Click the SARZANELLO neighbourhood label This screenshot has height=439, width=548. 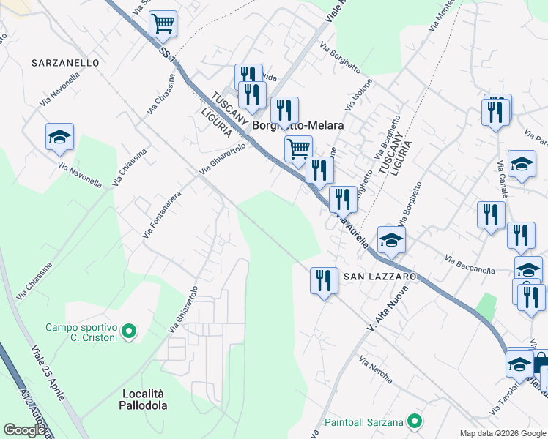66,64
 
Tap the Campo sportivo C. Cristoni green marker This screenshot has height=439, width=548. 129,332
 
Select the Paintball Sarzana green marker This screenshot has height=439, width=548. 415,421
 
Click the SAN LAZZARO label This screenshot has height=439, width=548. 380,277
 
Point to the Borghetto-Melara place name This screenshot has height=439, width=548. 298,126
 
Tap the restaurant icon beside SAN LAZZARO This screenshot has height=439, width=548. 323,280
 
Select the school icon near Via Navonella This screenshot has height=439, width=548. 59,137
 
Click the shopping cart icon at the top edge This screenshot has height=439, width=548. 163,23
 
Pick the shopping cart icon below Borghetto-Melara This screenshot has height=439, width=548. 298,149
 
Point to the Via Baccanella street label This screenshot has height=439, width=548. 470,264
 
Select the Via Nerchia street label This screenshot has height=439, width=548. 375,370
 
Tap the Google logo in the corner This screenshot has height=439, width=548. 24,430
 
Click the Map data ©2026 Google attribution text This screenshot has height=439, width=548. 502,433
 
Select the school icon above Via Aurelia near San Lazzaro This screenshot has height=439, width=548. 391,240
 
